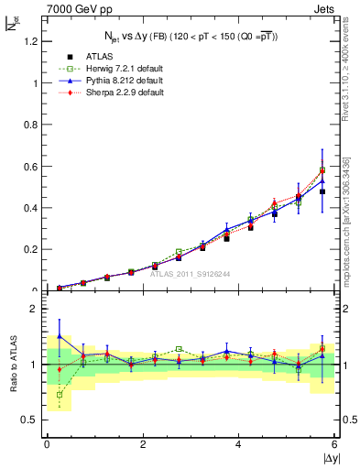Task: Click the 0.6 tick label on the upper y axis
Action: coord(27,166)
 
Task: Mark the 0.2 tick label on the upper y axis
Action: coord(27,249)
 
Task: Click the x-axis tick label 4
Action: coord(238,444)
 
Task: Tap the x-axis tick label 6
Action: coord(333,444)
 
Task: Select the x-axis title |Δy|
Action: coord(330,458)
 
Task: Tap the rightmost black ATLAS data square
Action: coord(322,191)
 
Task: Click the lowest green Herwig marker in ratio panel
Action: coord(60,395)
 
